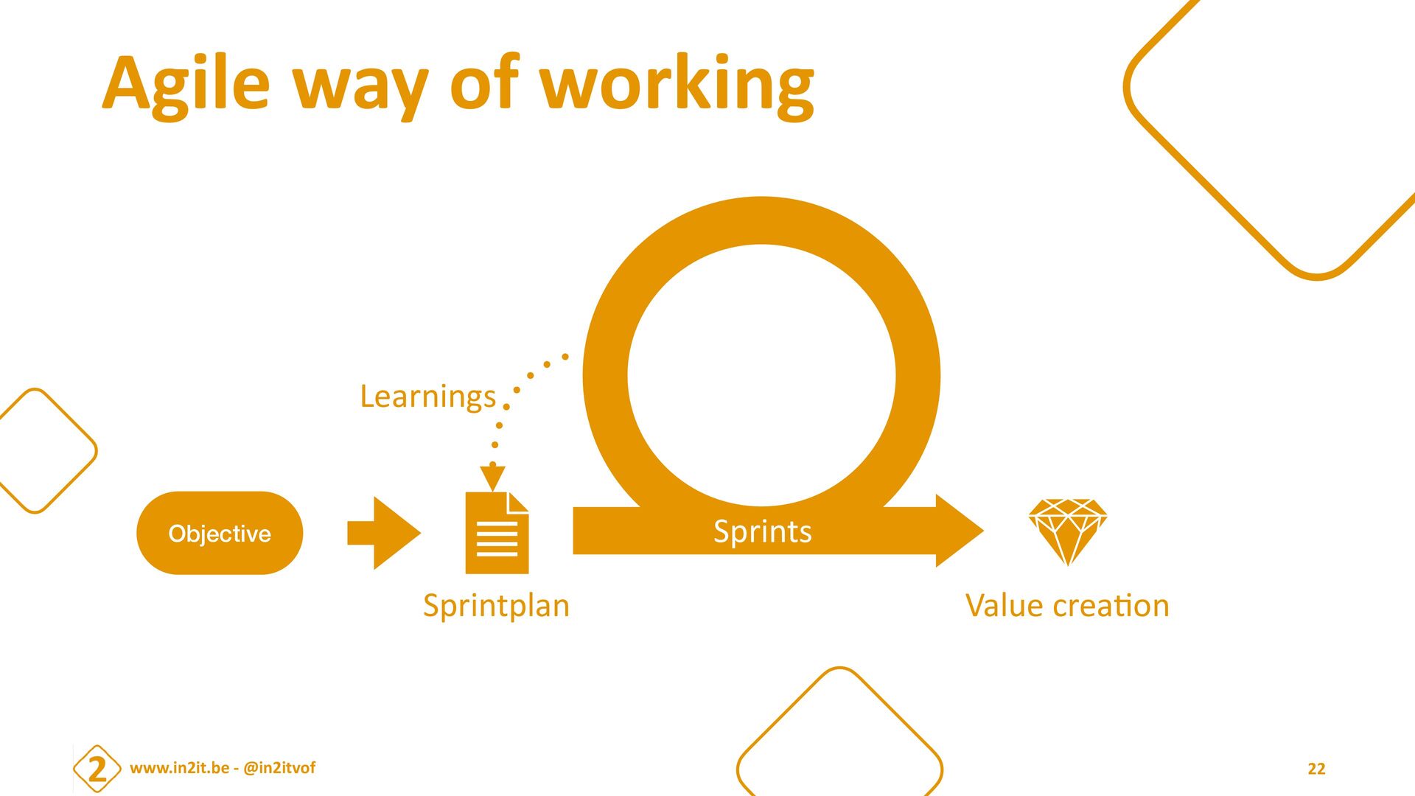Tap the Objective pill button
point(220,533)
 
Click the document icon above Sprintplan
point(496,534)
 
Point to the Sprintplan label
point(496,606)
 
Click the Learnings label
point(427,397)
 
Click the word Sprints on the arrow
point(762,531)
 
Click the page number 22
point(1316,769)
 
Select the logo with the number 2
point(97,769)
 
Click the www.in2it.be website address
point(179,768)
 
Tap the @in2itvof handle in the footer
point(279,768)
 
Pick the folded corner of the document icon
point(517,502)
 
